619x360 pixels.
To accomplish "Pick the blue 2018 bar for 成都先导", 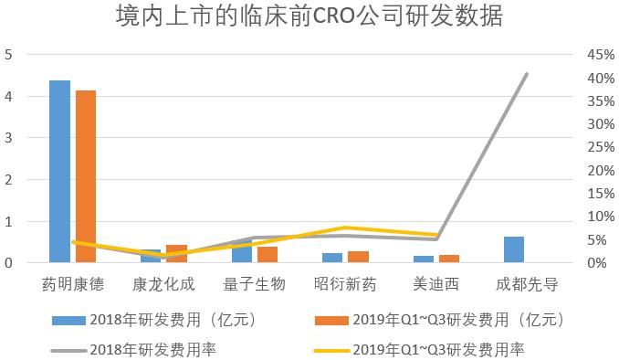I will (514, 249).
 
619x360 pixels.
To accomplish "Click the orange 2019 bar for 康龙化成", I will (176, 254).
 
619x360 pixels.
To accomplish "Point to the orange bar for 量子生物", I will (268, 255).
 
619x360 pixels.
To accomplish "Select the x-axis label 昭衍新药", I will (345, 283).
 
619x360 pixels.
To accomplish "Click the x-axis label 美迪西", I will (436, 283).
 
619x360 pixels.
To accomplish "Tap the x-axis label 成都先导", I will (527, 283).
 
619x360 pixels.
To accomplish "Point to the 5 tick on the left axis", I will (8, 55).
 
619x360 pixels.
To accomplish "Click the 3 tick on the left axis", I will (8, 138).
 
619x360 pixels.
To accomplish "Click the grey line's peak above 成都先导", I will (527, 74).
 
